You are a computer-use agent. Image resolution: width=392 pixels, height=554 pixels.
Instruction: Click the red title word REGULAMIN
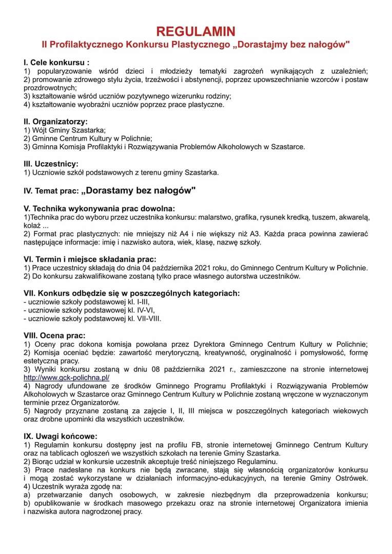click(x=195, y=31)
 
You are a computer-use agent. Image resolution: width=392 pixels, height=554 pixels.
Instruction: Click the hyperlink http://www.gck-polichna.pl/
click(x=67, y=377)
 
